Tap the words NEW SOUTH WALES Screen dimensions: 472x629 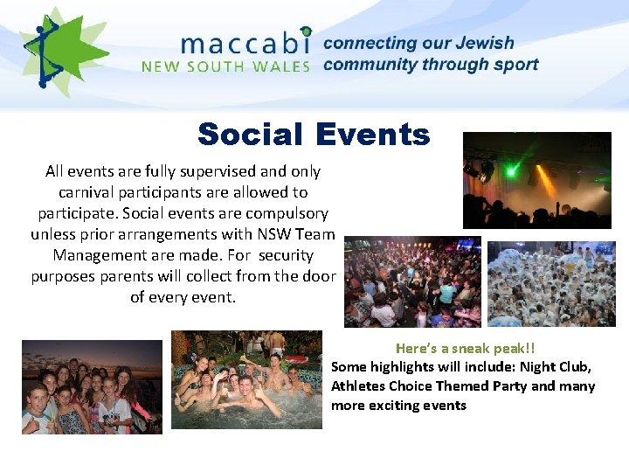coord(225,66)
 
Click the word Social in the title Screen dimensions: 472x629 coord(250,135)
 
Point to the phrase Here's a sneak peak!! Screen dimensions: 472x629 coord(465,347)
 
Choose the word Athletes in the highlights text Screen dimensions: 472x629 coord(358,385)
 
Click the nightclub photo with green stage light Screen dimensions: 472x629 coord(536,180)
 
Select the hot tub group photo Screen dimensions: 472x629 coord(246,379)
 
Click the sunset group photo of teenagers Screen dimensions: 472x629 coord(92,386)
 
